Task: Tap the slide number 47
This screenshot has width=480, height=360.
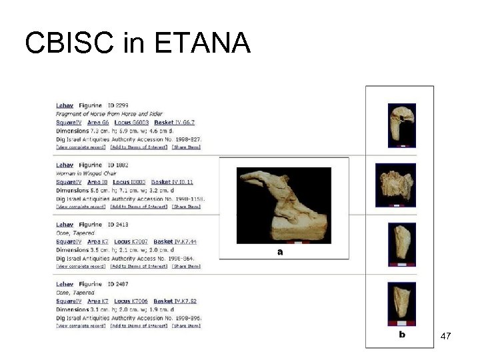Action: (446, 337)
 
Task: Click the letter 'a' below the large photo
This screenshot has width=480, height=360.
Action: (280, 252)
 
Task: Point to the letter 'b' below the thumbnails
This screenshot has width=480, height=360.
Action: (401, 334)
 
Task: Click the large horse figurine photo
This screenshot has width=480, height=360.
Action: (284, 205)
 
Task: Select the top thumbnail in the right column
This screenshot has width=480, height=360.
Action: (401, 125)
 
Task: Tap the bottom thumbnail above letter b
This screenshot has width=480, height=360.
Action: (401, 304)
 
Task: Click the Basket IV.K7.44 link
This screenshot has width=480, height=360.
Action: (175, 241)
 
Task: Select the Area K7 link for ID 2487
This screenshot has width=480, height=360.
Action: (98, 301)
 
